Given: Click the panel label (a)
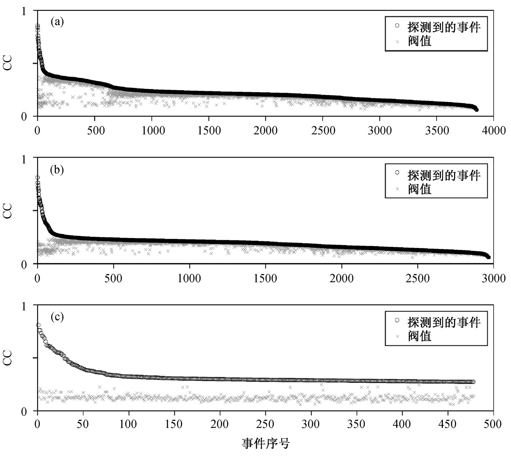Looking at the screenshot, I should click(x=57, y=22).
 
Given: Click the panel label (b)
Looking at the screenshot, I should click(x=57, y=170).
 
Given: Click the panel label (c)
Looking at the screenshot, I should click(x=57, y=317).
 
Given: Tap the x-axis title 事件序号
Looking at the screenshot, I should click(x=266, y=444).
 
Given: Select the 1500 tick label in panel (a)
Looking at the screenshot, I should click(x=209, y=130).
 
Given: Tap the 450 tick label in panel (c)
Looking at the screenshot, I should click(x=448, y=424).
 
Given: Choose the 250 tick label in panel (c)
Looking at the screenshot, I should click(x=265, y=424).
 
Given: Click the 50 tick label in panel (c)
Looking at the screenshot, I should click(x=83, y=424).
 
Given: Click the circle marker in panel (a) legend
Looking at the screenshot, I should click(x=397, y=25).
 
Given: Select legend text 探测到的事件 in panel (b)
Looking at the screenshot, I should click(x=444, y=175).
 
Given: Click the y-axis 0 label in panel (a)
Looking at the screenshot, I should click(x=24, y=117).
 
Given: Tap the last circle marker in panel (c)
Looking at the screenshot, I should click(x=473, y=382).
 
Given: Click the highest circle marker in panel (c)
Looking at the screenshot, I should click(x=38, y=325).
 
